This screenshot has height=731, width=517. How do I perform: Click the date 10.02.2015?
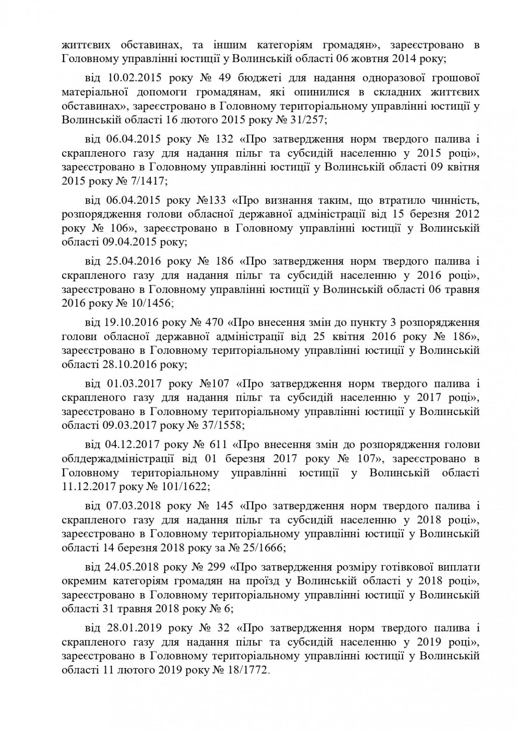point(133,78)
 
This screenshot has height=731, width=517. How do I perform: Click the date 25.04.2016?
point(133,262)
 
